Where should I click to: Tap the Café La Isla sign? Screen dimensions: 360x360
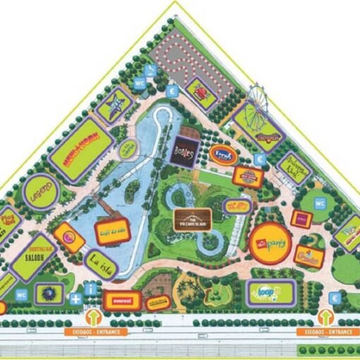pos(112,232)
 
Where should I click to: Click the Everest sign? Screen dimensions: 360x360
pos(121,299)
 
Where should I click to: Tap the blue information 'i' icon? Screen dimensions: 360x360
pos(90,289)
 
